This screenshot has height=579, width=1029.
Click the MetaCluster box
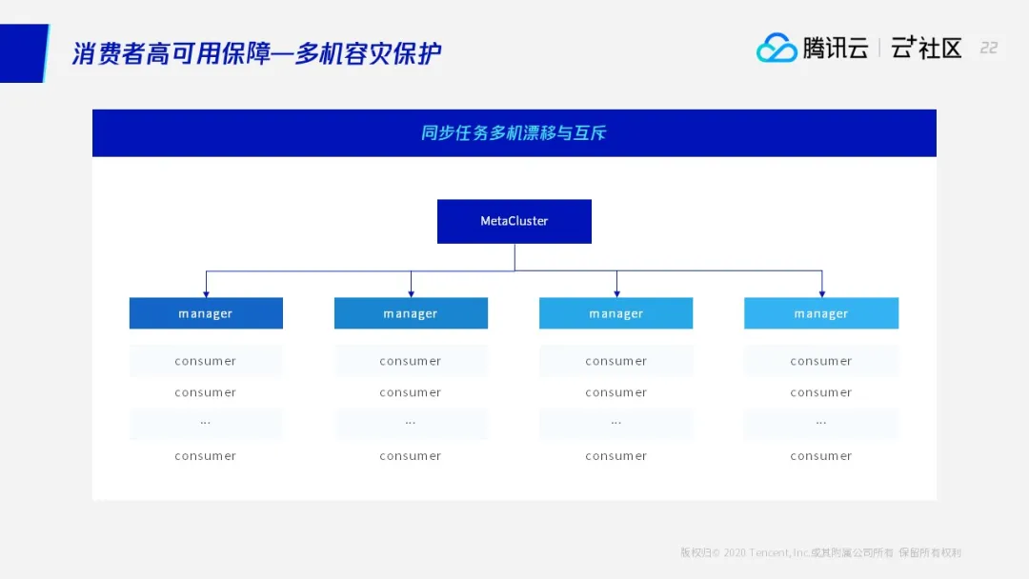514,221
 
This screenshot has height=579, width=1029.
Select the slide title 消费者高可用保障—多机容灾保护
256,53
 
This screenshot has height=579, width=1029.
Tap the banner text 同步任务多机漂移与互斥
514,133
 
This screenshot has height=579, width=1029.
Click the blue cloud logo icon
777,48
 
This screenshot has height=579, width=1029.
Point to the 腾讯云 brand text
836,48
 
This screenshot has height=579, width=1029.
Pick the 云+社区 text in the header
926,48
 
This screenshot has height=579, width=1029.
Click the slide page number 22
988,48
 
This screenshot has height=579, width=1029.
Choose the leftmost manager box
206,312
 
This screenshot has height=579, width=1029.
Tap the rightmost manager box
821,312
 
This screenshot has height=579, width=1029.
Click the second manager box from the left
411,312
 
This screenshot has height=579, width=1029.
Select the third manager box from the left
615,312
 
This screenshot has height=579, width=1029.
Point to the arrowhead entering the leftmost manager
206,293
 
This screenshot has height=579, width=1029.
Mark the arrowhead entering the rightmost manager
821,293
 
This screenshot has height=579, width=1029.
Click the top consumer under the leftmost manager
206,361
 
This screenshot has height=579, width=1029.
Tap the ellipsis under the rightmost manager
821,423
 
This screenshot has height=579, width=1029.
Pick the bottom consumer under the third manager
615,456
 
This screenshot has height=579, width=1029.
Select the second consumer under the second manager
410,392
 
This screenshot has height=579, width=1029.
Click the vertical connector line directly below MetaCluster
514,257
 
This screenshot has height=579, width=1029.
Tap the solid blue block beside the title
24,53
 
